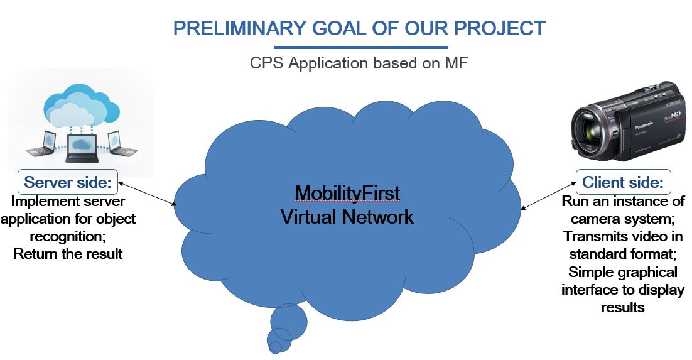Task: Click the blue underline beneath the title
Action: click(361, 47)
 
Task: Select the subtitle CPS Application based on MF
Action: click(359, 63)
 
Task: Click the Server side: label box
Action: click(68, 182)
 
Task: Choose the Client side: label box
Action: click(623, 182)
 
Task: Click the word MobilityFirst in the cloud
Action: click(347, 193)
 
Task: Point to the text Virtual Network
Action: click(347, 217)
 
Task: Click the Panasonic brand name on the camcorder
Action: click(644, 125)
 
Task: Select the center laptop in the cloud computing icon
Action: click(82, 148)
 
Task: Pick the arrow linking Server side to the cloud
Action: click(148, 193)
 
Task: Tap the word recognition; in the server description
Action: click(68, 236)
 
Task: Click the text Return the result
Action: click(68, 254)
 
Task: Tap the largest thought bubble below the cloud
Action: click(288, 321)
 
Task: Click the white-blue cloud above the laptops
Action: click(82, 106)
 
